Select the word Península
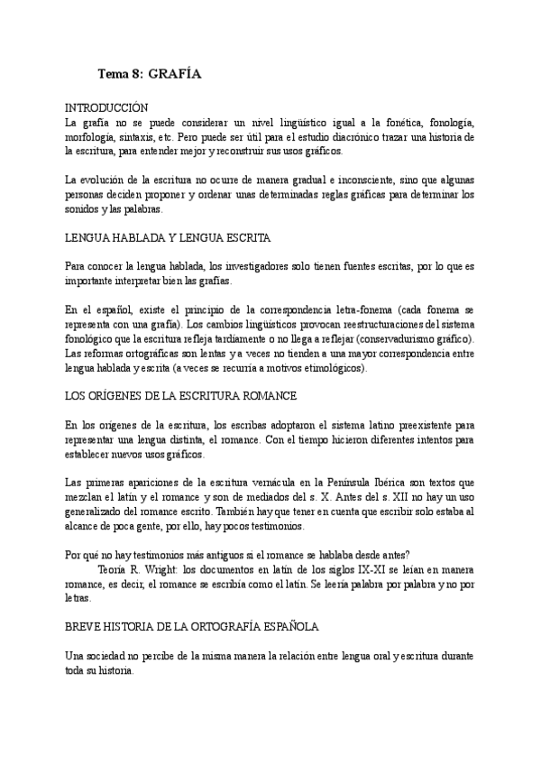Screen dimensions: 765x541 [353, 484]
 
